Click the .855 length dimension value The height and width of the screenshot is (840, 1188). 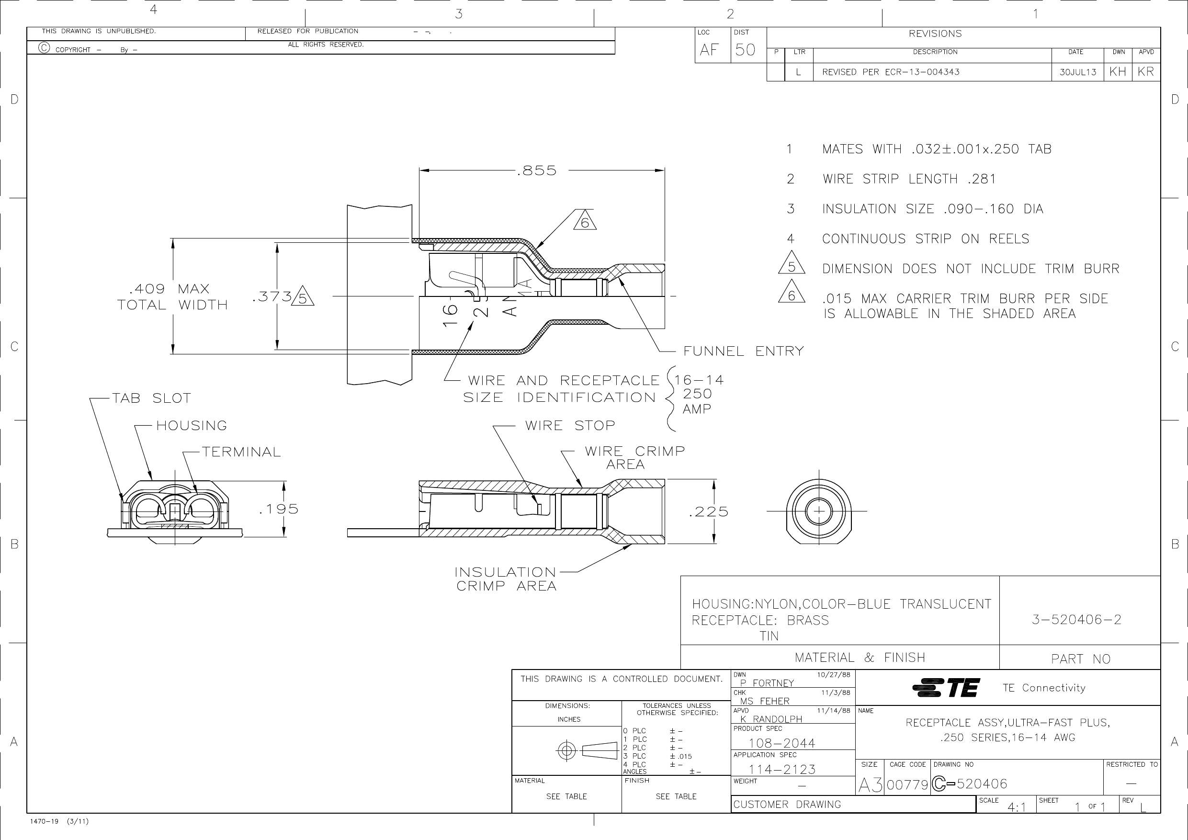click(537, 170)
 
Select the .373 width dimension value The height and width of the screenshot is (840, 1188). click(272, 296)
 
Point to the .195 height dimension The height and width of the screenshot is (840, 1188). click(279, 509)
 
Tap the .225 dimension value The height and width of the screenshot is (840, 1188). click(708, 512)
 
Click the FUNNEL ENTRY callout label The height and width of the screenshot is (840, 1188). click(744, 352)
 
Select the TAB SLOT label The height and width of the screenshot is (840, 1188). click(152, 398)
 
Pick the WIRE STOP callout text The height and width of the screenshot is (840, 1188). click(570, 425)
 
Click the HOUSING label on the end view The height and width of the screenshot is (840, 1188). click(192, 425)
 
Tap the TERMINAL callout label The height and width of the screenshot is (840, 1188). click(241, 452)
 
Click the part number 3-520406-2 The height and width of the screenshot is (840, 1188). click(1077, 620)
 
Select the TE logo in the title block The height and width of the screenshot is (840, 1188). click(946, 688)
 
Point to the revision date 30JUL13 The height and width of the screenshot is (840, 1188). click(1078, 72)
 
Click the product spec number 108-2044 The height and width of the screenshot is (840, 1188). click(782, 743)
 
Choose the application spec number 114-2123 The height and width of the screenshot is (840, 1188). click(782, 770)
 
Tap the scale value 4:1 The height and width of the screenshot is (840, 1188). click(1017, 807)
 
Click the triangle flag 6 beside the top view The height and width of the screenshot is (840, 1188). click(585, 220)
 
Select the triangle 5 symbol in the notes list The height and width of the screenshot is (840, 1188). click(792, 263)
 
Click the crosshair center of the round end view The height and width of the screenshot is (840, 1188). click(819, 511)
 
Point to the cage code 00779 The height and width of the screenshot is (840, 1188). click(907, 785)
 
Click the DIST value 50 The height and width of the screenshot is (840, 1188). click(745, 50)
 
